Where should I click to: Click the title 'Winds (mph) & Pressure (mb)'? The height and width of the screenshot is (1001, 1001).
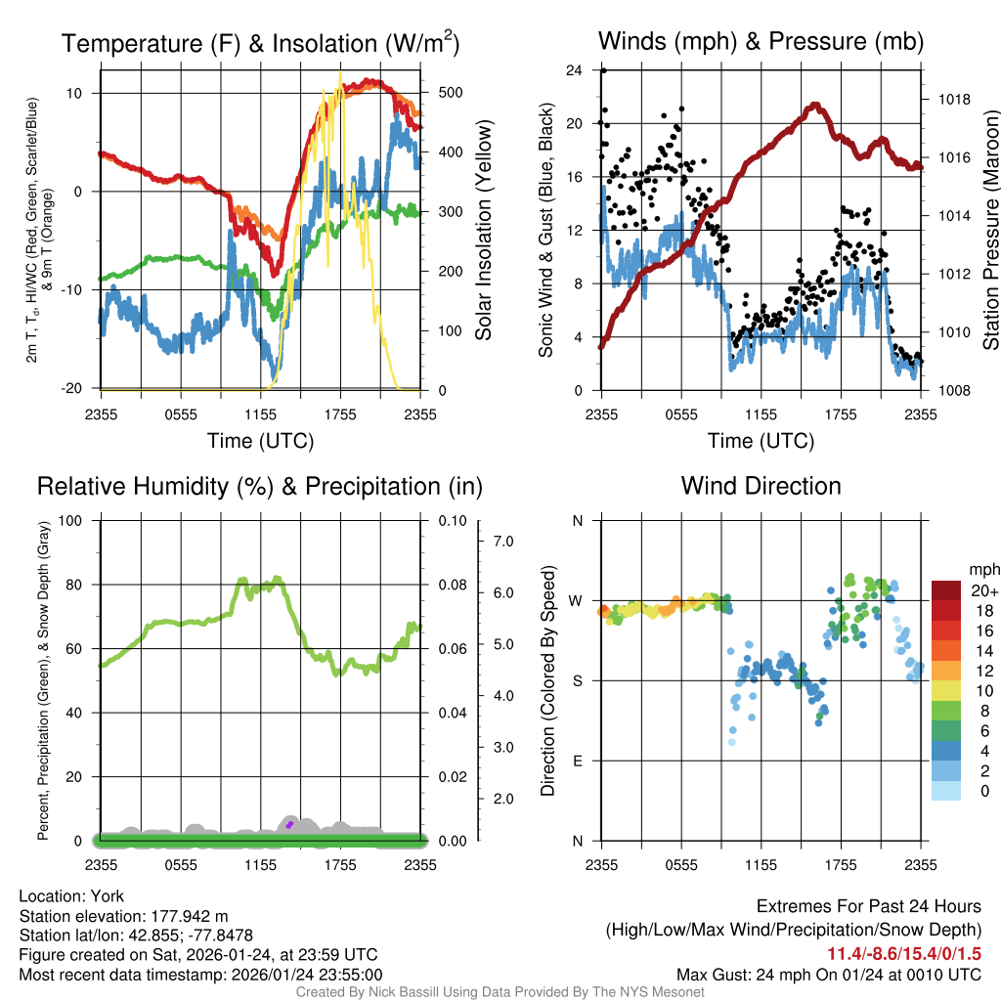point(761,42)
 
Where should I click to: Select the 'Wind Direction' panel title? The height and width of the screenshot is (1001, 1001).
point(761,486)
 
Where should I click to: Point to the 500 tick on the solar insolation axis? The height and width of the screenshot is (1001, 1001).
point(450,93)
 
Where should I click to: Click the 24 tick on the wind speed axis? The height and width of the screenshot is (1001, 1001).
point(574,70)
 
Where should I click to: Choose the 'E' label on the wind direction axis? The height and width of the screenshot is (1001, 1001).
point(577,761)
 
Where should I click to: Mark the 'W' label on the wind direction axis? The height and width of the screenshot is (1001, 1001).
point(576,600)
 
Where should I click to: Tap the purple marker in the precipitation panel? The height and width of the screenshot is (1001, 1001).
point(290,824)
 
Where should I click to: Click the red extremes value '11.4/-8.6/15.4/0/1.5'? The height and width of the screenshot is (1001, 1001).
point(905,953)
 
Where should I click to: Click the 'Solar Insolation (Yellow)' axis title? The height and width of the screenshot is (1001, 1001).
point(483,230)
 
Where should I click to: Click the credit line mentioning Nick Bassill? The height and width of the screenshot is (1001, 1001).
point(500,991)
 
